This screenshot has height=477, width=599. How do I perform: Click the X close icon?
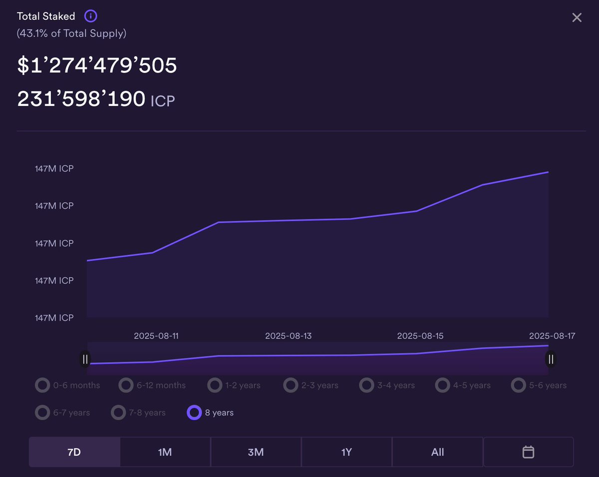(577, 17)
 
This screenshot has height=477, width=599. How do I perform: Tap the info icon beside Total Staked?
(91, 16)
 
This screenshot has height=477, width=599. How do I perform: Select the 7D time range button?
(74, 452)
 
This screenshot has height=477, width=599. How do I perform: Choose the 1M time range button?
(165, 452)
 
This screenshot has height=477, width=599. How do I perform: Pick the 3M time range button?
(256, 452)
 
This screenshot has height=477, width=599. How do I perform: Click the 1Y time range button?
(346, 452)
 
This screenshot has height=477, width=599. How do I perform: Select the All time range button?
(437, 452)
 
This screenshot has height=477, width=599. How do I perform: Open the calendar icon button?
(528, 452)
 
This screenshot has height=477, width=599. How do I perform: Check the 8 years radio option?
(194, 413)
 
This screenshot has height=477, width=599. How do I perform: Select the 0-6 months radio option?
(42, 385)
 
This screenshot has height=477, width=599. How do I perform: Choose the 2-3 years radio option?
(291, 385)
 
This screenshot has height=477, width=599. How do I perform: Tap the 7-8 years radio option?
(118, 413)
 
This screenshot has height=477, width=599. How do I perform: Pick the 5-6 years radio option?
(519, 385)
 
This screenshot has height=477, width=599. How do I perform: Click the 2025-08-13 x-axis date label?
(288, 336)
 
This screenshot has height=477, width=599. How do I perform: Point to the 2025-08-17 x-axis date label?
(552, 336)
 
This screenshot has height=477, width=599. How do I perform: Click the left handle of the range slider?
(85, 359)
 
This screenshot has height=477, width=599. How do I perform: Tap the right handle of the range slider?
(551, 359)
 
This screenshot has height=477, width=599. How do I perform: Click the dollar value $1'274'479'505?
(97, 66)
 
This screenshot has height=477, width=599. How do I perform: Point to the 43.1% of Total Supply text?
(71, 33)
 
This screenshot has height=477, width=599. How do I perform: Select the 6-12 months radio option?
(126, 385)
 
